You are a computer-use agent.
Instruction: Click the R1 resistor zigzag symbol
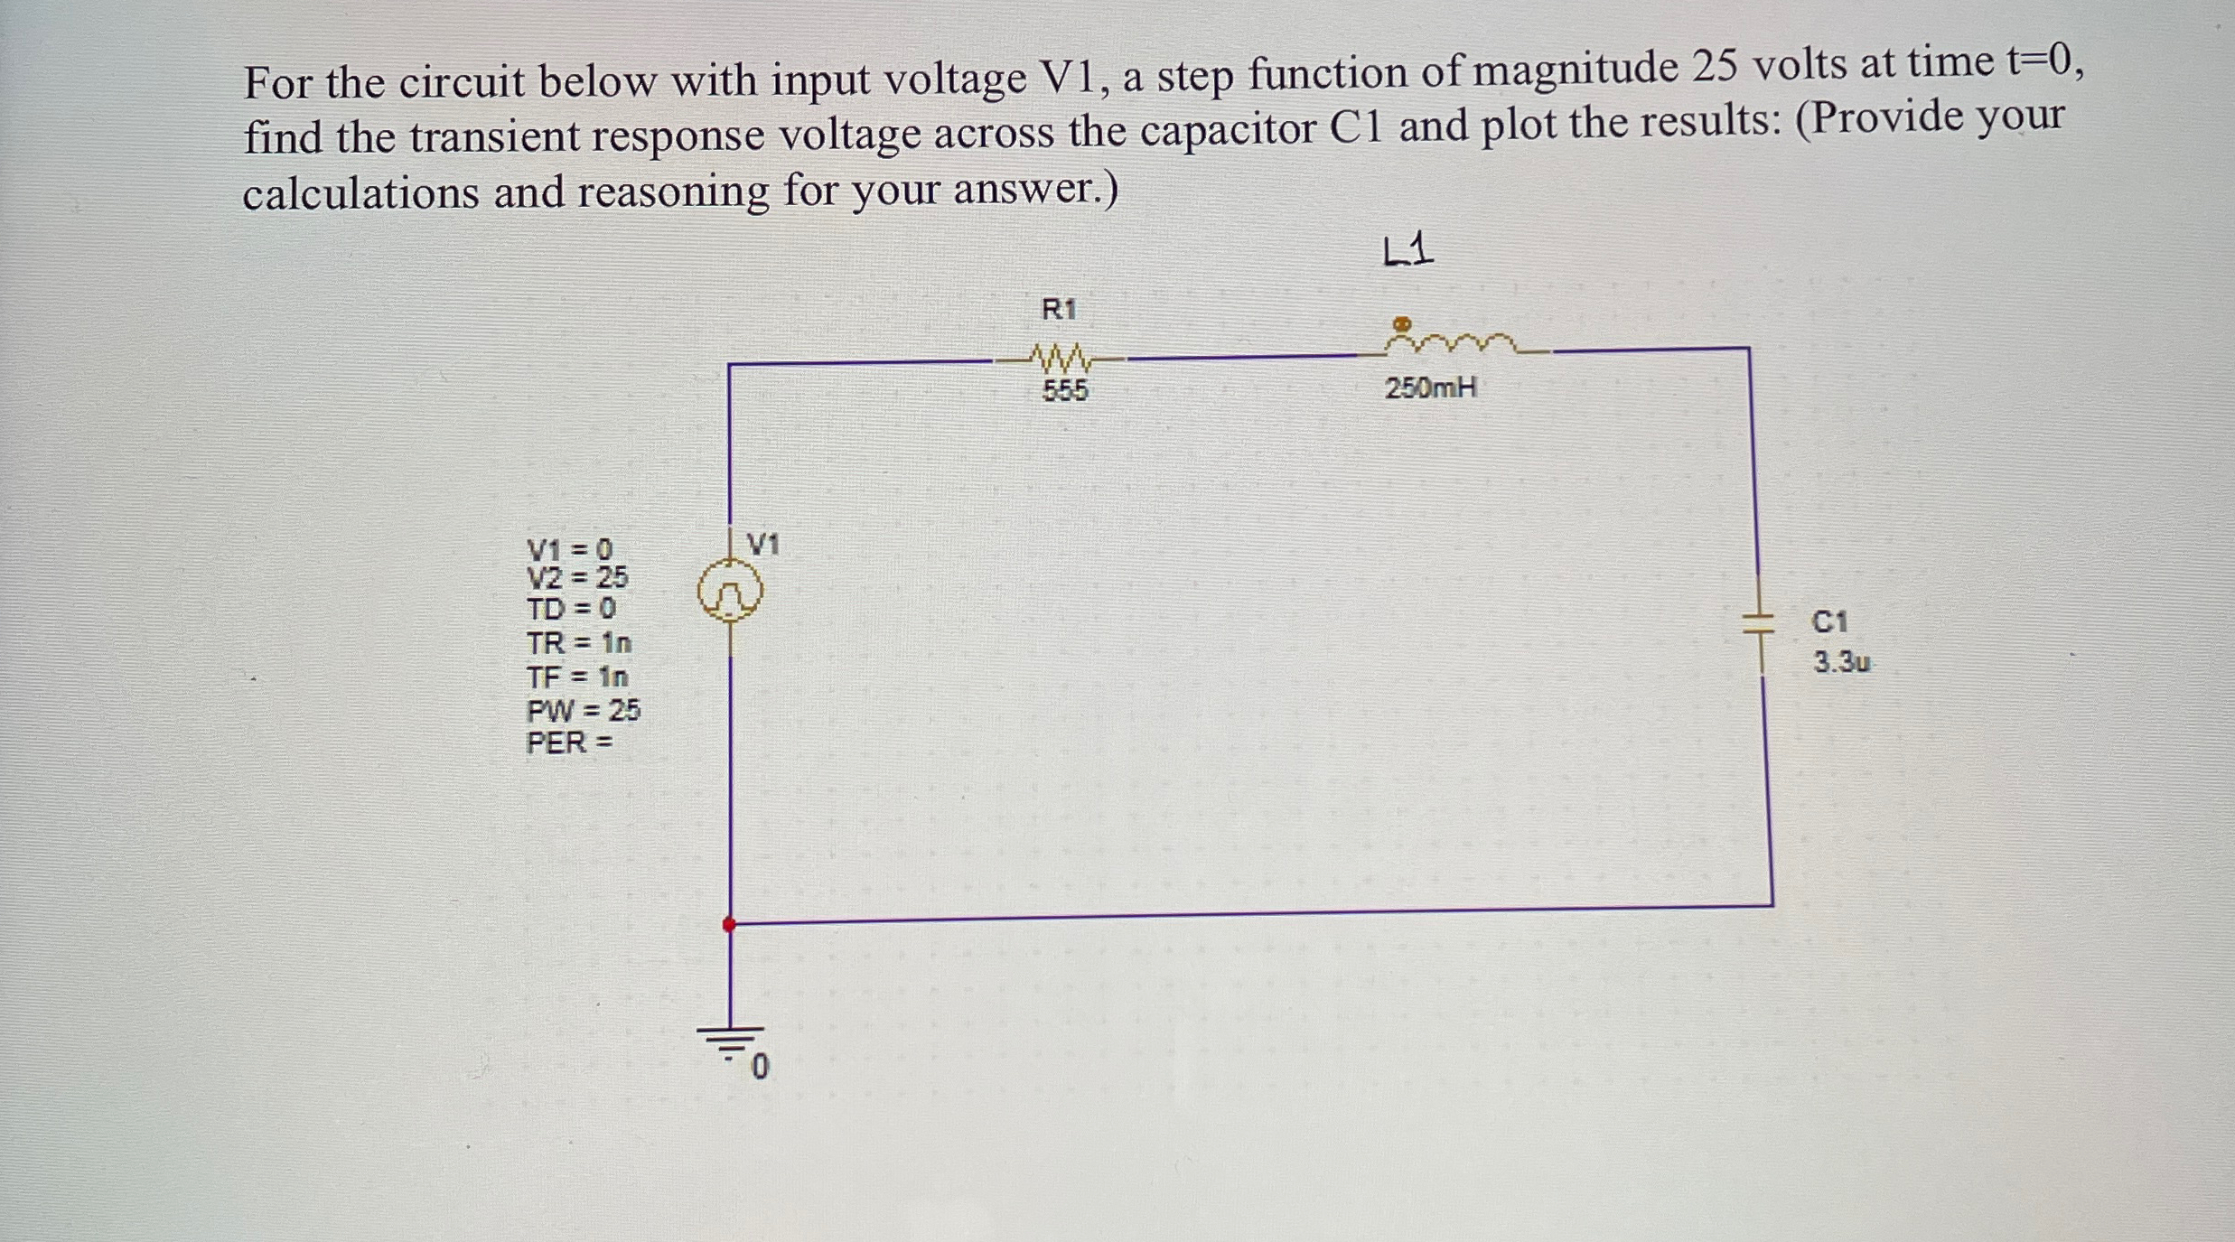pos(1062,360)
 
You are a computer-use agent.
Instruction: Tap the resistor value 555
pos(1065,391)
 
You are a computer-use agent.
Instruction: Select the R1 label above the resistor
pos(1059,310)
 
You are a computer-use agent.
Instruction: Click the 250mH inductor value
pos(1431,388)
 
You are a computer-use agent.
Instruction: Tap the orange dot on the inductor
pos(1401,322)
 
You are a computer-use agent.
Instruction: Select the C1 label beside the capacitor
pos(1830,621)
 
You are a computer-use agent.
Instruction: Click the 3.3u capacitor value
pos(1842,663)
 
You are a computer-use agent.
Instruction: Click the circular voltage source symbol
pos(729,593)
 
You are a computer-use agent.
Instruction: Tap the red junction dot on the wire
pos(729,924)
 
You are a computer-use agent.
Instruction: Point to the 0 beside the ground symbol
pos(761,1069)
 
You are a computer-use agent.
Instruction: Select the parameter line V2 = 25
pos(577,576)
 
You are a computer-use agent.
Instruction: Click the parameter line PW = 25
pos(583,711)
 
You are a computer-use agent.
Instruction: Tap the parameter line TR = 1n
pos(579,643)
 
